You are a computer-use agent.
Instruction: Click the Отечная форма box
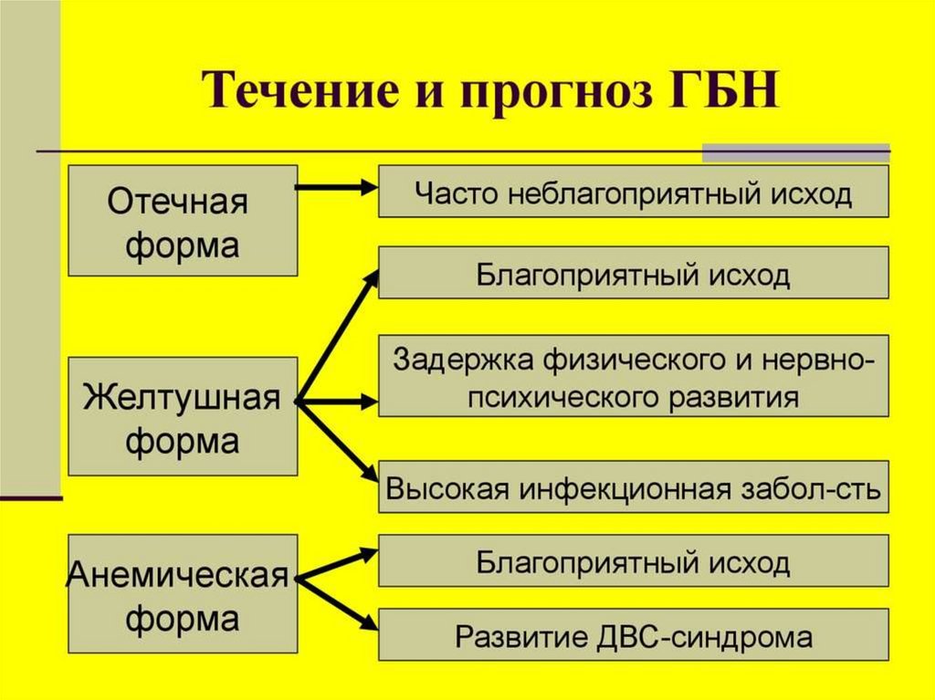pyautogui.click(x=183, y=220)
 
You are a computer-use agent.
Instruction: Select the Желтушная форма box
pyautogui.click(x=183, y=416)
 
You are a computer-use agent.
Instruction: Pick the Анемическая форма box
pyautogui.click(x=183, y=595)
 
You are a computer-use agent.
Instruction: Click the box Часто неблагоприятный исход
pyautogui.click(x=634, y=192)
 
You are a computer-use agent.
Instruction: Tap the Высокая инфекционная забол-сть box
pyautogui.click(x=634, y=489)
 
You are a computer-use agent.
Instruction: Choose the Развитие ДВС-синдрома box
pyautogui.click(x=634, y=635)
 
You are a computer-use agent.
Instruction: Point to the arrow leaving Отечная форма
pyautogui.click(x=336, y=187)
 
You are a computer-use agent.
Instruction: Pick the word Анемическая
pyautogui.click(x=179, y=577)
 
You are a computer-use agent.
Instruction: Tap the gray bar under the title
pyautogui.click(x=794, y=152)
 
